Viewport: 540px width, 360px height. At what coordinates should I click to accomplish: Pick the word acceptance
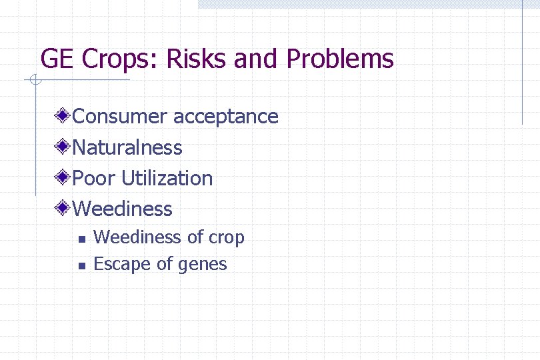[x=226, y=117]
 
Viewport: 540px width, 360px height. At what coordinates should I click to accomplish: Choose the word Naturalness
[x=127, y=147]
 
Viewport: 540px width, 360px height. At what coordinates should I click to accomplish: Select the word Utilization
[x=167, y=178]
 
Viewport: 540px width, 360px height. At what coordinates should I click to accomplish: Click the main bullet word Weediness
[x=123, y=209]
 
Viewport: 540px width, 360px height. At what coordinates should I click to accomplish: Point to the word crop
[x=227, y=238]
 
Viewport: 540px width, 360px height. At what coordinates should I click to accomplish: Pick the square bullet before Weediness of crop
[x=81, y=239]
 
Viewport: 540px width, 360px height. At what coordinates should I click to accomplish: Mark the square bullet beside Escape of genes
[x=81, y=265]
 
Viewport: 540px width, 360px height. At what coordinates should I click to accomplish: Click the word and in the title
[x=259, y=59]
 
